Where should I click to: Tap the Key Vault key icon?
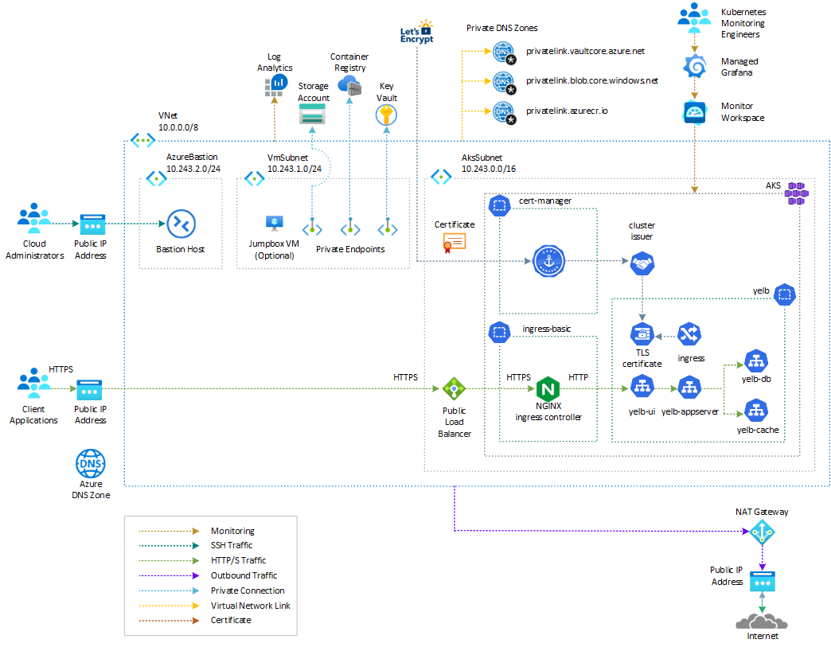pyautogui.click(x=385, y=116)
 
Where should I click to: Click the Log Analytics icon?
pyautogui.click(x=275, y=84)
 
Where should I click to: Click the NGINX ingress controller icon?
pyautogui.click(x=548, y=390)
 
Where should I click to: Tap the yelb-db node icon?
pyautogui.click(x=754, y=361)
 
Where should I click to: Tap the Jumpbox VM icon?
pyautogui.click(x=275, y=224)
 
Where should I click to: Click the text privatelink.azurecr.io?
pyautogui.click(x=567, y=111)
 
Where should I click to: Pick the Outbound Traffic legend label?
pyautogui.click(x=244, y=575)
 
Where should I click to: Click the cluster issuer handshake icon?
pyautogui.click(x=642, y=264)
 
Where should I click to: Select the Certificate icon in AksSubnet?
pyautogui.click(x=455, y=243)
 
